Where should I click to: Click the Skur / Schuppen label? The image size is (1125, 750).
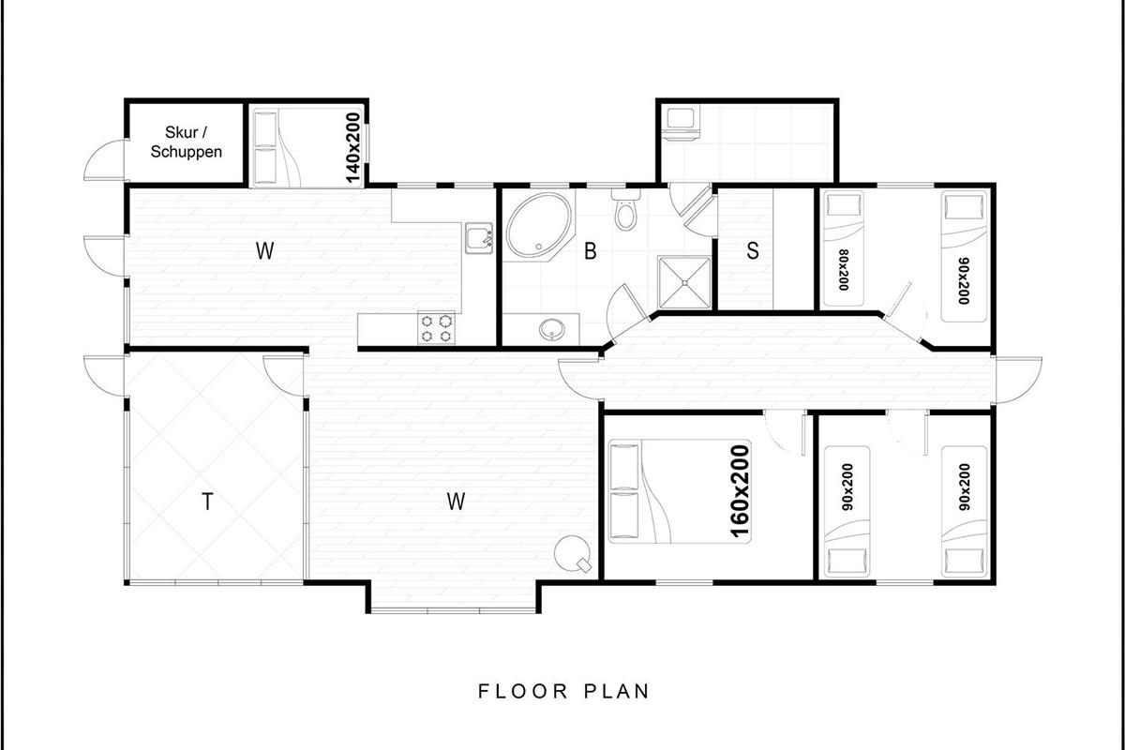187,142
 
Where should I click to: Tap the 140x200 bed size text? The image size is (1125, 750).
353,148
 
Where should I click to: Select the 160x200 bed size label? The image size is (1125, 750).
741,491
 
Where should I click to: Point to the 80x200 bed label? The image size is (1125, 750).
843,270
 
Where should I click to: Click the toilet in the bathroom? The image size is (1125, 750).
625,209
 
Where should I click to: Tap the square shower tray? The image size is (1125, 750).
684,283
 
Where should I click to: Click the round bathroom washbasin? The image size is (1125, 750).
552,330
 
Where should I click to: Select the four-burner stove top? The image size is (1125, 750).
437,328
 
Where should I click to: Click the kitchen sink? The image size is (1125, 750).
479,239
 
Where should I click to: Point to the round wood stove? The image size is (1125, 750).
573,553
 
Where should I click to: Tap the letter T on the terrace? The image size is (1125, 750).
207,502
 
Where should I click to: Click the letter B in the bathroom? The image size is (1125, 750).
591,251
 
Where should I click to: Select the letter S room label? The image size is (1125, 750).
752,250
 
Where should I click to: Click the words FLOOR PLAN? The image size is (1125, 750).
563,691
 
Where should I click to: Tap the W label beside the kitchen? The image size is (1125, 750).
264,250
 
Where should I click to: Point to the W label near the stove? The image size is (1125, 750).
456,501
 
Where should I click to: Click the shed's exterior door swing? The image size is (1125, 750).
103,160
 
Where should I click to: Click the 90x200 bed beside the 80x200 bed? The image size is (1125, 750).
964,256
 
